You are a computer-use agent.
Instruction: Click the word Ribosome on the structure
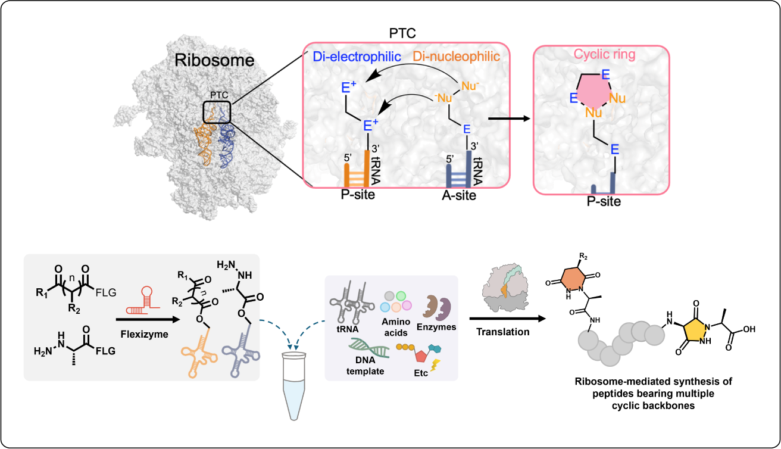tap(214, 60)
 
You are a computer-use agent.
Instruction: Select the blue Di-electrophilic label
tap(357, 57)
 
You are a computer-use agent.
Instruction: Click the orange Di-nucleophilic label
tap(457, 57)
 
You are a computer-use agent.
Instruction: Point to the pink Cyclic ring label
tap(605, 54)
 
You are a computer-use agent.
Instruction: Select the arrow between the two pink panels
tap(509, 119)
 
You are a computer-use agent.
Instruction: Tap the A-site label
tap(459, 195)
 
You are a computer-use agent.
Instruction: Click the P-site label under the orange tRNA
tap(358, 195)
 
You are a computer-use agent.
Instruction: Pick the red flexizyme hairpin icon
tap(143, 300)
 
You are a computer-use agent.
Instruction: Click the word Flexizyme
tap(144, 334)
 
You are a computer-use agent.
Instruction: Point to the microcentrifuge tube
tap(294, 386)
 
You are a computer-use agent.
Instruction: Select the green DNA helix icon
tap(369, 348)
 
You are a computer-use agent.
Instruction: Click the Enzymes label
tap(436, 327)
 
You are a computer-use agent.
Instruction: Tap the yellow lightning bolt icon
tap(436, 365)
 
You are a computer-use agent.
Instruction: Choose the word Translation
tap(503, 332)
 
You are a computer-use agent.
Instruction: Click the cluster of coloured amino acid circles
tap(396, 301)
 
